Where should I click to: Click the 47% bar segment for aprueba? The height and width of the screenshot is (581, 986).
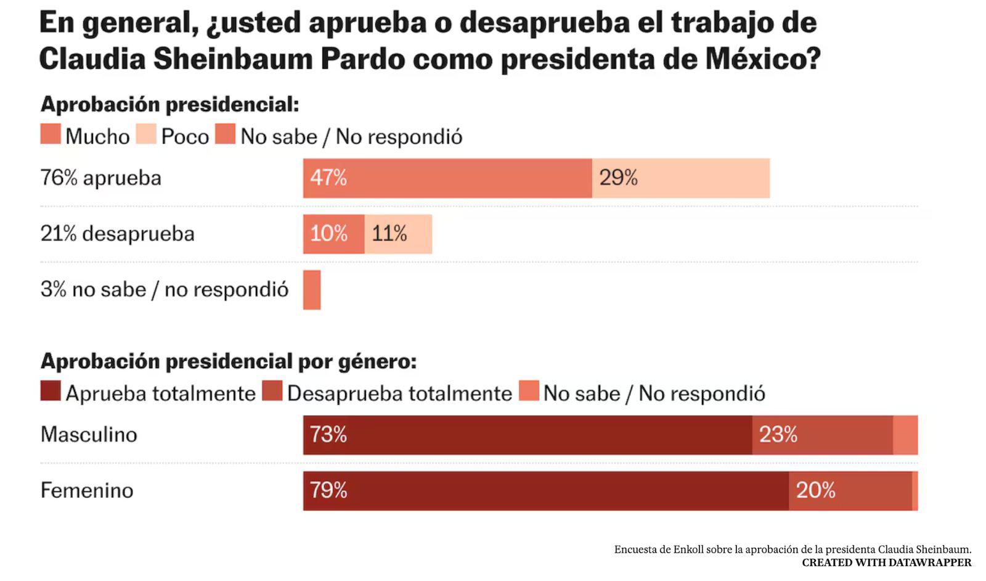pyautogui.click(x=447, y=178)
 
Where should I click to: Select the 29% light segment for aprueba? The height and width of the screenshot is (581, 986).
pyautogui.click(x=680, y=178)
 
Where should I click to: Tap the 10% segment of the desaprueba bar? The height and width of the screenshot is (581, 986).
pyautogui.click(x=333, y=234)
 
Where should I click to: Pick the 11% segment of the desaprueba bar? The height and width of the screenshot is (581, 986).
pyautogui.click(x=398, y=234)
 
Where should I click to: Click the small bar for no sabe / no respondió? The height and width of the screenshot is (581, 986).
pyautogui.click(x=312, y=290)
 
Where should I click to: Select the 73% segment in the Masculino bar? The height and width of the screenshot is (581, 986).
pyautogui.click(x=527, y=435)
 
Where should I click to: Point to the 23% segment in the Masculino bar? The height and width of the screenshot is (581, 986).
pyautogui.click(x=822, y=435)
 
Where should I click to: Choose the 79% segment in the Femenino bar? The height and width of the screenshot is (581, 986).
pyautogui.click(x=545, y=491)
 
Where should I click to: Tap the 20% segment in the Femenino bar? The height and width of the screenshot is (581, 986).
pyautogui.click(x=850, y=491)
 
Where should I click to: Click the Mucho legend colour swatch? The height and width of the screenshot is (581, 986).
pyautogui.click(x=51, y=134)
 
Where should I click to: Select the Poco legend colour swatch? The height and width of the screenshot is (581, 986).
pyautogui.click(x=146, y=134)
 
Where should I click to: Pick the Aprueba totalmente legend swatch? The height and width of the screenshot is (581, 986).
pyautogui.click(x=51, y=391)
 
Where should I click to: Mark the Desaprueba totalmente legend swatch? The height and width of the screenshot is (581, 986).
pyautogui.click(x=272, y=391)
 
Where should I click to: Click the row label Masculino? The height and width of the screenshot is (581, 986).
pyautogui.click(x=89, y=435)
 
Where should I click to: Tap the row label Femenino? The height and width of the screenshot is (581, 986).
pyautogui.click(x=87, y=491)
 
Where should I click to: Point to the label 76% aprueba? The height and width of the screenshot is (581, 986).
pyautogui.click(x=101, y=178)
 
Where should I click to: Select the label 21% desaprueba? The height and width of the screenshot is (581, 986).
pyautogui.click(x=118, y=234)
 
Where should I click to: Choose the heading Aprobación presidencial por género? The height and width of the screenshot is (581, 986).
pyautogui.click(x=229, y=361)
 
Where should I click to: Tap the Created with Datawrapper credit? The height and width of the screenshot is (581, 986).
pyautogui.click(x=886, y=562)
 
